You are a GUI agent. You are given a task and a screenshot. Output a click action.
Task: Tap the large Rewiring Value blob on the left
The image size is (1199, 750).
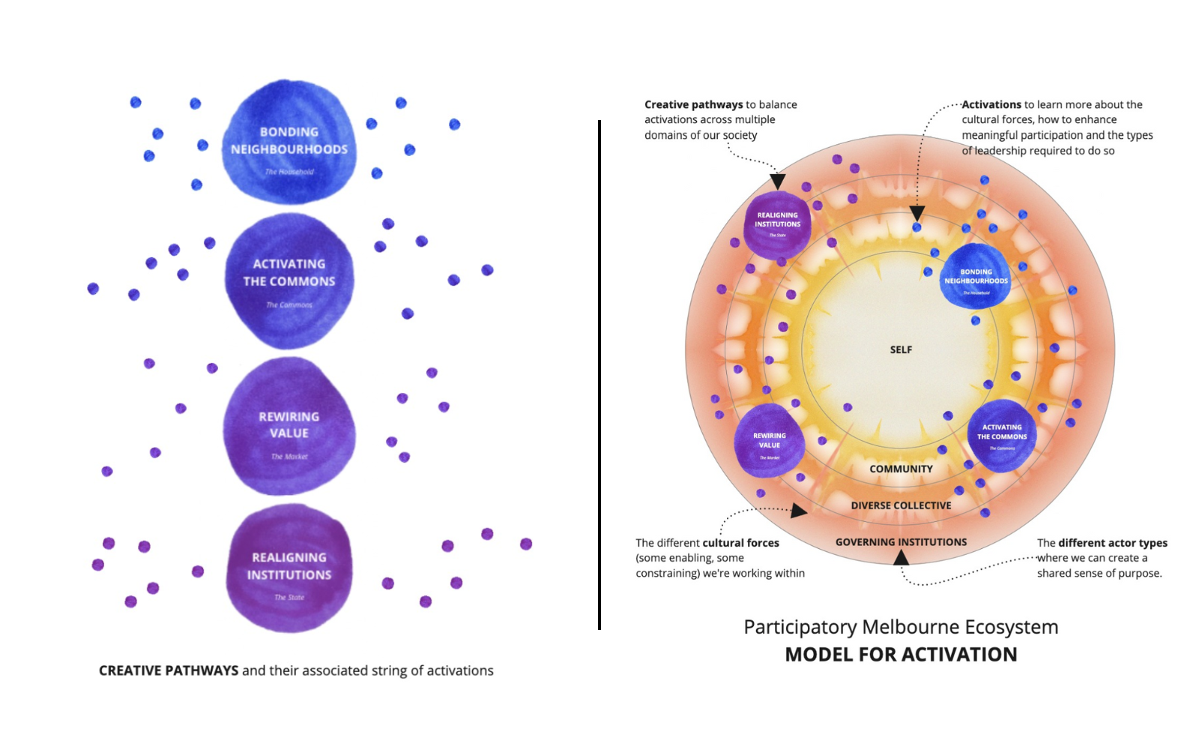289,426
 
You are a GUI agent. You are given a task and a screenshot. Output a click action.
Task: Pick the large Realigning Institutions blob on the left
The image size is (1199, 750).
289,568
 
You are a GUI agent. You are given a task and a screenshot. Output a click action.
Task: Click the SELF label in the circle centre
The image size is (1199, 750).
901,349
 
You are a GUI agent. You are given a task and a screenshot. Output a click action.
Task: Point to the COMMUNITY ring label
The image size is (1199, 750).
901,469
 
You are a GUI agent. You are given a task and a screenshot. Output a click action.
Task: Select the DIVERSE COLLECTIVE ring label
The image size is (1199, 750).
901,505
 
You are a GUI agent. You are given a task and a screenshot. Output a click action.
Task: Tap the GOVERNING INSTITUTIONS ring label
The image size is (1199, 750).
901,541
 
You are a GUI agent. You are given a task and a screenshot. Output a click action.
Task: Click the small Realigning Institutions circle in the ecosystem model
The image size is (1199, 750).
777,224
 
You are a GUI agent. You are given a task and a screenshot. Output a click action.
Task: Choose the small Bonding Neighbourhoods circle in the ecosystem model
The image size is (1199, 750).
976,277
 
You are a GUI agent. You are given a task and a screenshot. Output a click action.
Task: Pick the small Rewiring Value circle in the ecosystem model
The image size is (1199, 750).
770,442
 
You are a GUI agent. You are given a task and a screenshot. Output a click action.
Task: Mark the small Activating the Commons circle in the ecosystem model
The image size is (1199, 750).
1002,435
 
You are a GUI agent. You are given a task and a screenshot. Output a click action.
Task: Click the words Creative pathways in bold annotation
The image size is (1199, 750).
693,104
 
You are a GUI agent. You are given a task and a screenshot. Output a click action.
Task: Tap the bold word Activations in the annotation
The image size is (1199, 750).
991,104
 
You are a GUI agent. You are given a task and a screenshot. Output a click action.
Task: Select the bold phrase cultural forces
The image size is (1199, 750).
740,542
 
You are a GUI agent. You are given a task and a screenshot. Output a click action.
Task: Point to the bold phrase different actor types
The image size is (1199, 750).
1112,542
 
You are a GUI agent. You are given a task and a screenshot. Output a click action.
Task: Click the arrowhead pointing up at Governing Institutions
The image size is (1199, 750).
901,557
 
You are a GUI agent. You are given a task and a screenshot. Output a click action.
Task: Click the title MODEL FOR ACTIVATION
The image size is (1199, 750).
901,654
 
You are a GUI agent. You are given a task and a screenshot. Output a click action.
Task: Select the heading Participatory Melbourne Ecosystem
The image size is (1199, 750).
901,627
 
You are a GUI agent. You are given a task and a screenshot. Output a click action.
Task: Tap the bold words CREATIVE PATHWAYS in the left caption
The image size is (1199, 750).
169,670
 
